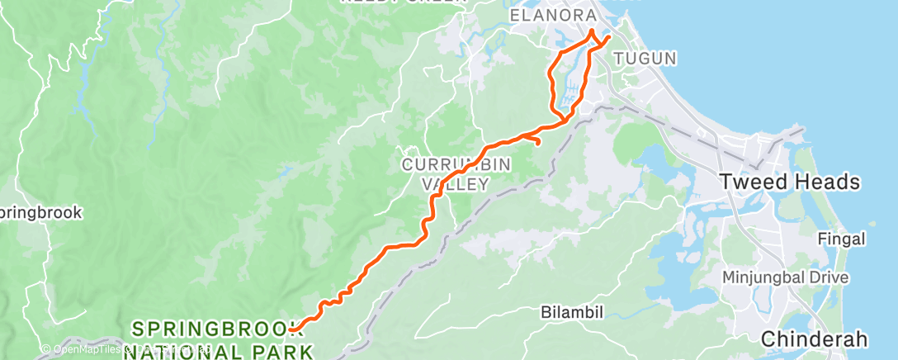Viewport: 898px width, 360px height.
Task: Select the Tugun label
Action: click(x=645, y=59)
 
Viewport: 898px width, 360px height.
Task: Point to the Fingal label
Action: click(x=840, y=239)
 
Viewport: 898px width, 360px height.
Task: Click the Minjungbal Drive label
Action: click(x=785, y=277)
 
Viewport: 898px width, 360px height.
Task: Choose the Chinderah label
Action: click(x=814, y=339)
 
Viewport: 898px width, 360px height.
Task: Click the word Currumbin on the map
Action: click(x=456, y=164)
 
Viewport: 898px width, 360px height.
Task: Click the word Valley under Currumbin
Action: click(x=456, y=185)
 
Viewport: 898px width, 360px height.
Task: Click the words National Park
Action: click(x=218, y=353)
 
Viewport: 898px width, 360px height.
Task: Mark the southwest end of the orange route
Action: click(x=291, y=330)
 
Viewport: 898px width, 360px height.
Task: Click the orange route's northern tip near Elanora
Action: click(x=592, y=31)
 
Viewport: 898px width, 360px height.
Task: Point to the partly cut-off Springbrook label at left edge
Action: click(x=41, y=213)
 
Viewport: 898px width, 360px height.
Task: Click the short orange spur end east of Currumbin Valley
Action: click(x=538, y=143)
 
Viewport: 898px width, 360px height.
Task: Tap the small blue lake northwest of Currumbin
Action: click(x=286, y=173)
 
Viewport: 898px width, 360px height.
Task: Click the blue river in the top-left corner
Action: click(x=83, y=83)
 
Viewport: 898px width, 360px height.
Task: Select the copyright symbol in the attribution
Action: click(x=48, y=350)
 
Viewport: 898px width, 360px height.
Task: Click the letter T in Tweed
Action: click(x=726, y=182)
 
